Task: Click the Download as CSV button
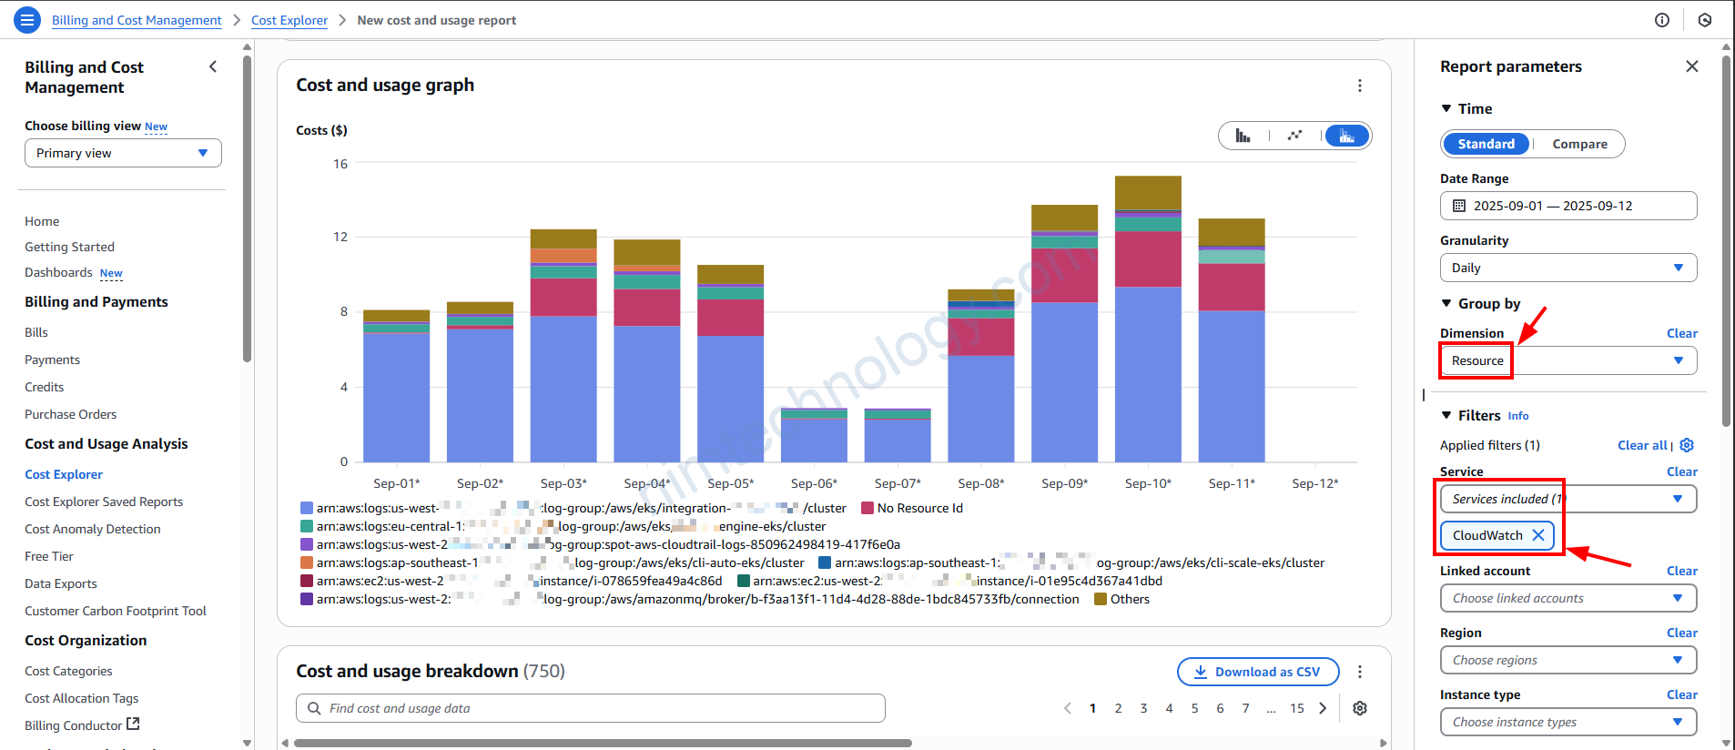point(1257,672)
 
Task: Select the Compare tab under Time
point(1579,144)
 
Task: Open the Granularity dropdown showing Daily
point(1568,268)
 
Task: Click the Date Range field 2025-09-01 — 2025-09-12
point(1568,206)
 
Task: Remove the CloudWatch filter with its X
point(1538,535)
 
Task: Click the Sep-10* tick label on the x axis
point(1148,483)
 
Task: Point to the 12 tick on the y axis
point(340,237)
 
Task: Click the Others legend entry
point(1130,599)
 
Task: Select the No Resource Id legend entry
point(919,508)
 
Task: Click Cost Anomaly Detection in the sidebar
point(92,529)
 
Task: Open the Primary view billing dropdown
point(123,153)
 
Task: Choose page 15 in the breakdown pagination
point(1296,708)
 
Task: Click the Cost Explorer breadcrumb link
point(289,20)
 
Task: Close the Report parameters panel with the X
point(1691,66)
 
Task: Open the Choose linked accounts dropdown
point(1568,598)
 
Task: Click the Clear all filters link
point(1642,445)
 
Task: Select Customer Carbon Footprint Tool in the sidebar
point(116,611)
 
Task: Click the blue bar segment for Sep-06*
point(814,441)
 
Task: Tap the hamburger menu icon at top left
point(27,19)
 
